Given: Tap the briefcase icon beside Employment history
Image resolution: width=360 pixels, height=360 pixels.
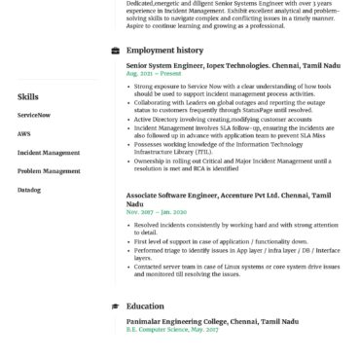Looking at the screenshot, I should click(116, 49).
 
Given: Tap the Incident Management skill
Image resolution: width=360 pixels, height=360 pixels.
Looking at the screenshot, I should click(48, 152).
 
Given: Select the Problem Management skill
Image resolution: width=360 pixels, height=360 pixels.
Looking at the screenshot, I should click(49, 170).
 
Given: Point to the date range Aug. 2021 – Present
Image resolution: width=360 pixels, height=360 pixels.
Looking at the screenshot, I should click(153, 73).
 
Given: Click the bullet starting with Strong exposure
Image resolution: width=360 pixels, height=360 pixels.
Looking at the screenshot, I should click(234, 89).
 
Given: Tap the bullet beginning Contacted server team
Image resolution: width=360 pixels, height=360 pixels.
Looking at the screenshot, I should click(234, 269).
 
